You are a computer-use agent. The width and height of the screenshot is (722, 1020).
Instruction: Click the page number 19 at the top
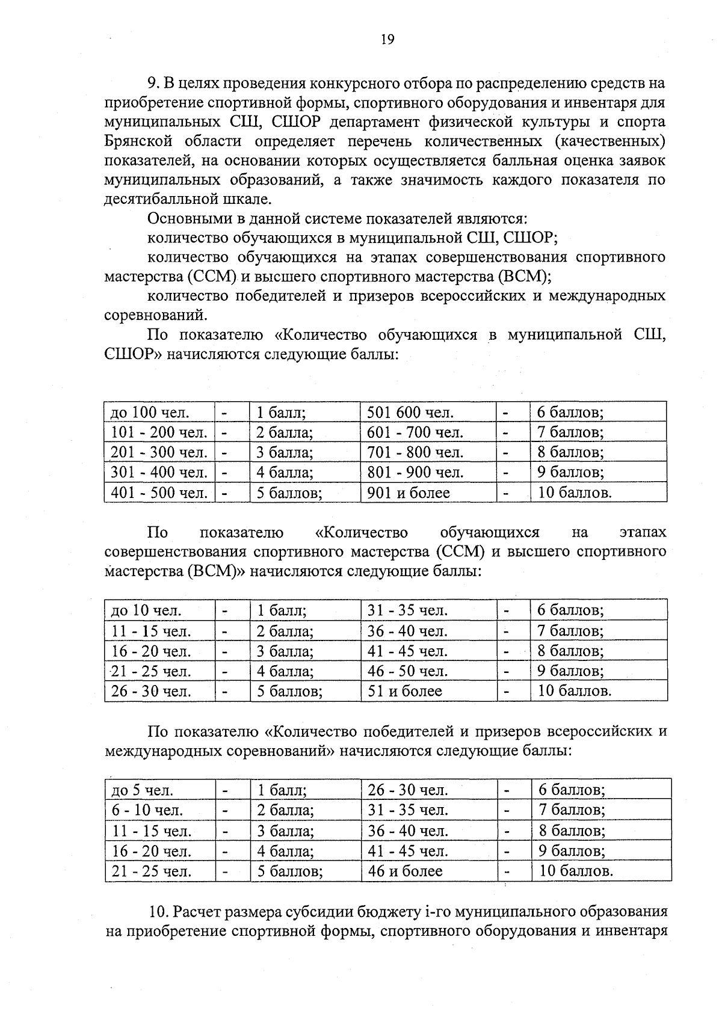coord(387,40)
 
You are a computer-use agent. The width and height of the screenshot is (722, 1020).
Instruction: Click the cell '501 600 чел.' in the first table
coord(410,413)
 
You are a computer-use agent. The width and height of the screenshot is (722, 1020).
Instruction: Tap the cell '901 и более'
coord(409,493)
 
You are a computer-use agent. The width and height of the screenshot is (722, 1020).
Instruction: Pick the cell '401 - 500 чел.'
coord(159,493)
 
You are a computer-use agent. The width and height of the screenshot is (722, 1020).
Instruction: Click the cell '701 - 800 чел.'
coord(415,452)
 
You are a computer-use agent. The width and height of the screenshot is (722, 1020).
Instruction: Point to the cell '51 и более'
coord(405,692)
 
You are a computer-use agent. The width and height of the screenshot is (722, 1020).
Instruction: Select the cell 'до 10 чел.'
coord(146,611)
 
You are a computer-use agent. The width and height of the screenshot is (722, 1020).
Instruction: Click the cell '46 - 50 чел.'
coord(407,671)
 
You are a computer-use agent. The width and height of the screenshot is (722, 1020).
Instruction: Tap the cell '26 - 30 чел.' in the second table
coord(151,692)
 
